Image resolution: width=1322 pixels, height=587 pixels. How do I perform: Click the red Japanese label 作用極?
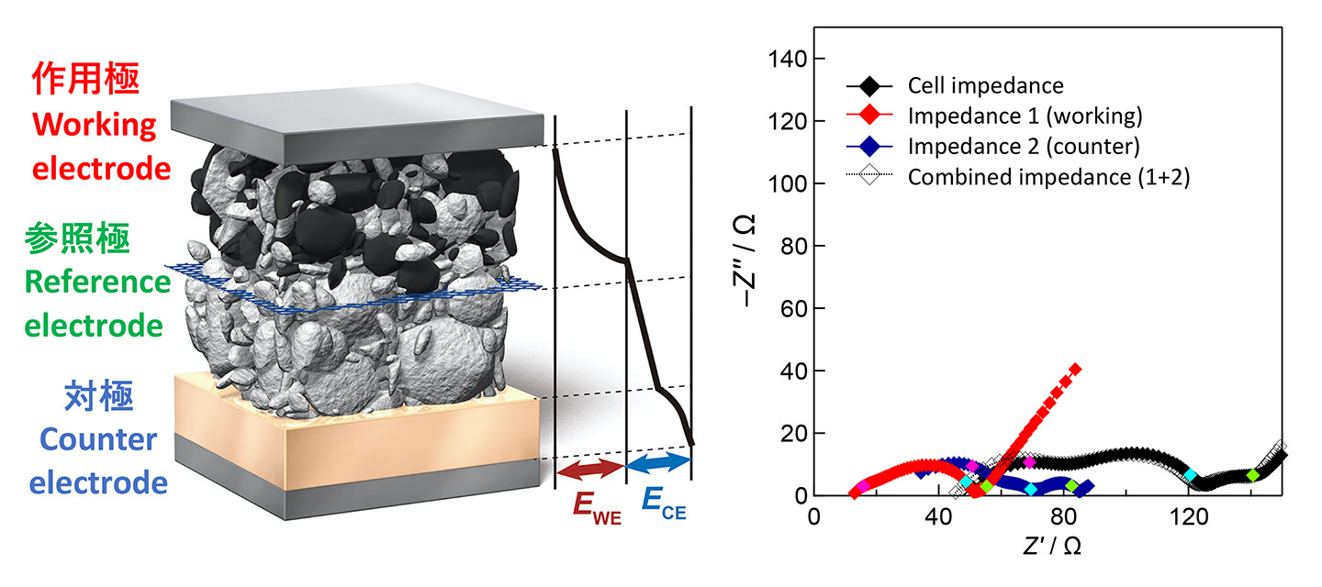[x=85, y=80]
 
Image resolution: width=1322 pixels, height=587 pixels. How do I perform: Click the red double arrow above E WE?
[x=590, y=469]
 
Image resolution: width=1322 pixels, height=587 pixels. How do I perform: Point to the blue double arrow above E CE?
[x=657, y=463]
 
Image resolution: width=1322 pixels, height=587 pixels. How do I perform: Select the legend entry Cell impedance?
[x=985, y=86]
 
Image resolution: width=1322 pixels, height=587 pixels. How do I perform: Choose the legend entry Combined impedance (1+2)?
[x=1048, y=177]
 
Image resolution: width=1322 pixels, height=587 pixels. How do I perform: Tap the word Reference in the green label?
[x=97, y=282]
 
